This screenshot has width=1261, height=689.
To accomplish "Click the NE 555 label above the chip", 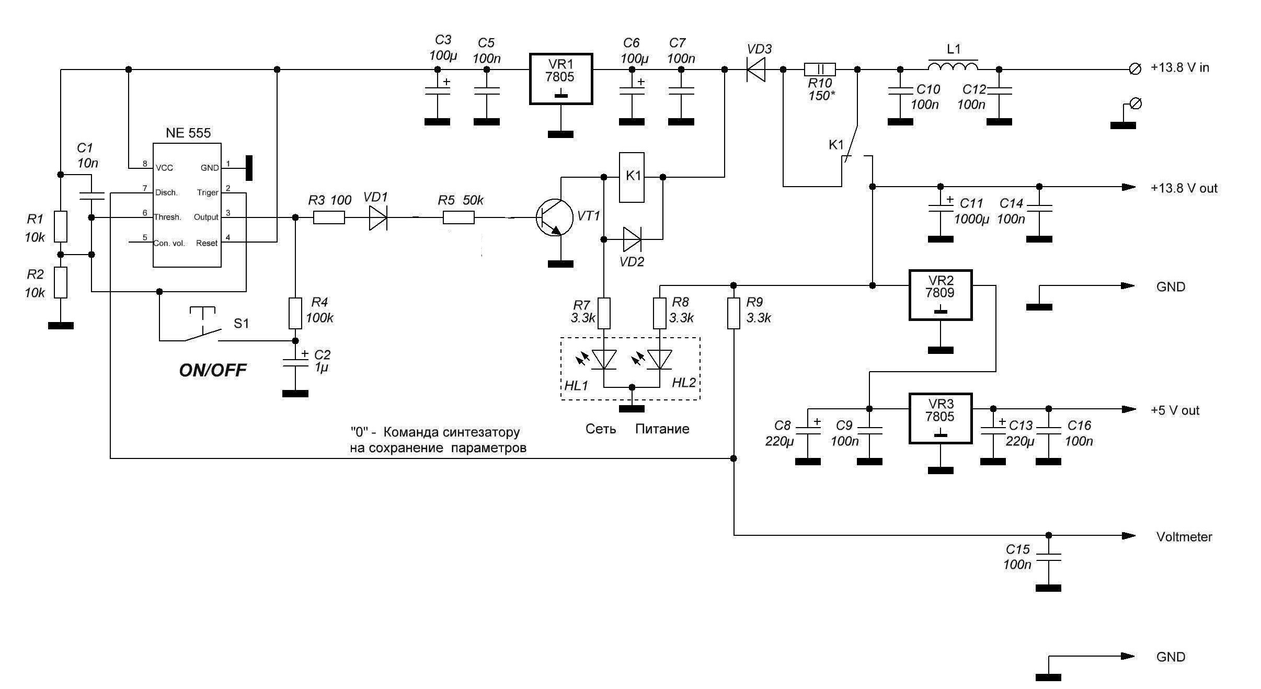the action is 188,133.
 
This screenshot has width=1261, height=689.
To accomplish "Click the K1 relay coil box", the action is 632,177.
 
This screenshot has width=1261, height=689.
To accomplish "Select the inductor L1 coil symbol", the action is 953,66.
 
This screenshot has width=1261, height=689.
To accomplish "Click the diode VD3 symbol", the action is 756,70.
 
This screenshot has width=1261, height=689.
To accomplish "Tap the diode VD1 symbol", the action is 377,217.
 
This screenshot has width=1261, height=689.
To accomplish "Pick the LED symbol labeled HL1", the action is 604,359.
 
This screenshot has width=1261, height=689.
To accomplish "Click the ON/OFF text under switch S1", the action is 213,371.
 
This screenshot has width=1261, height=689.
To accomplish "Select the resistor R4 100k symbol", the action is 295,313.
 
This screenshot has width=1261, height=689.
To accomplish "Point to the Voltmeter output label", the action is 1184,537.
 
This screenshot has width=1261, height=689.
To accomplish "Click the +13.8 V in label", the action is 1180,68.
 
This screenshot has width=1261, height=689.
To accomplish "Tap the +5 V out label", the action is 1175,410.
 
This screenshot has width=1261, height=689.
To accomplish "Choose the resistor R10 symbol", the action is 819,70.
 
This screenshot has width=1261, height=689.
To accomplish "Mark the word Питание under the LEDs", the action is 662,429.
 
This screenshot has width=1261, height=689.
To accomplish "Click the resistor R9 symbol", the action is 733,313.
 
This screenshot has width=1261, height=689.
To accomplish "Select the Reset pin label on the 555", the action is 207,243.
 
